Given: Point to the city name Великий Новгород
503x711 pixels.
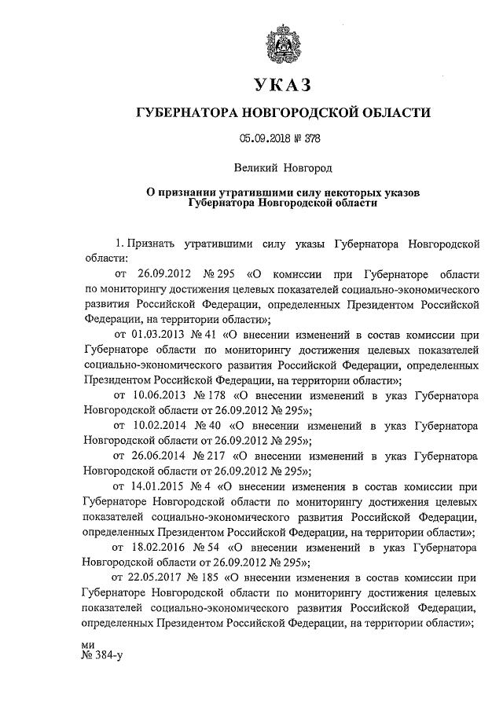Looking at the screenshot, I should (x=283, y=167).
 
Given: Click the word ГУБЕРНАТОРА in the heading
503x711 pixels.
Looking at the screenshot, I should (x=188, y=113).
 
